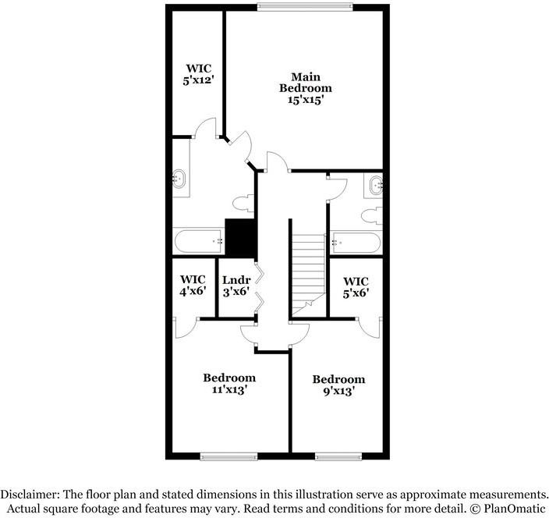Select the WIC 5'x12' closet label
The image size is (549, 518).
click(197, 74)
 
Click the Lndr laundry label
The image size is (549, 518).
click(236, 286)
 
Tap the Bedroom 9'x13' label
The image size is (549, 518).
click(338, 385)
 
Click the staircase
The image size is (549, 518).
click(306, 265)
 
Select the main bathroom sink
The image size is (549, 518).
click(181, 179)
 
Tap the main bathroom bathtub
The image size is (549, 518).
click(198, 242)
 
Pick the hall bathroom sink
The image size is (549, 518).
click(376, 185)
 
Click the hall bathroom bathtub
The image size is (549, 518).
click(356, 243)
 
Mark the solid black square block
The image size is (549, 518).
click(240, 237)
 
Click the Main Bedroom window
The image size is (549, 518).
click(305, 8)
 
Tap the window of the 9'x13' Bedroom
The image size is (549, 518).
click(338, 456)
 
